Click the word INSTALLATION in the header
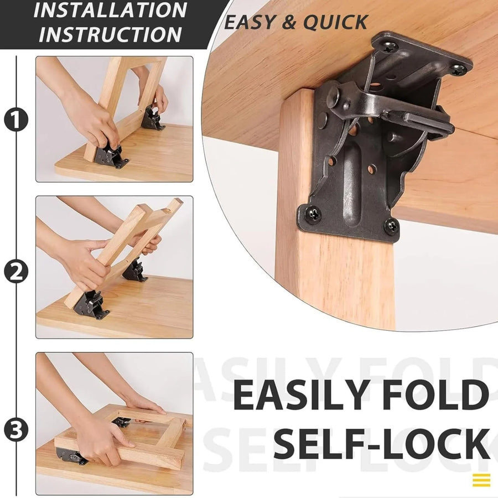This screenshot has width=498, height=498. tap(110, 11)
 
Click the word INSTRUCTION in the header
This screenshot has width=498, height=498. tap(110, 34)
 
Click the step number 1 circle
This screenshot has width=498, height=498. tap(16, 120)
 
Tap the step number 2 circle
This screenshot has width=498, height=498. tap(16, 271)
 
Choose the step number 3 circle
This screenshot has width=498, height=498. tap(16, 430)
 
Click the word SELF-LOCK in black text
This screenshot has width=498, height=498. tap(382, 444)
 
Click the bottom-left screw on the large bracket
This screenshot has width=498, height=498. tap(312, 213)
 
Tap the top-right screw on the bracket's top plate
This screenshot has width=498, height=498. tap(457, 70)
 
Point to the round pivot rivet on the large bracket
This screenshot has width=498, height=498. tap(333, 96)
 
